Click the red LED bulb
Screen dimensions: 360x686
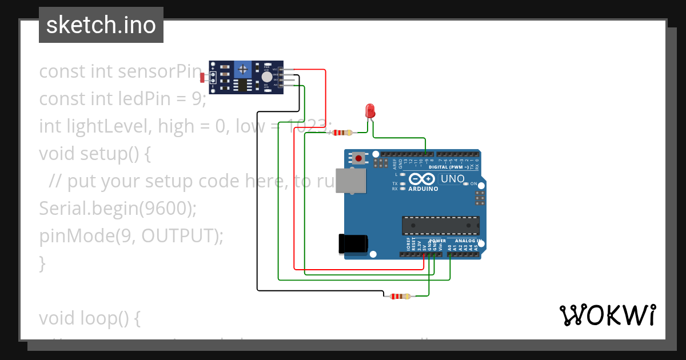370,110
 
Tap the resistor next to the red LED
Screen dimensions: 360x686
341,133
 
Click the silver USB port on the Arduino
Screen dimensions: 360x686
350,181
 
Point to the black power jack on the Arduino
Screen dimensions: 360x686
353,244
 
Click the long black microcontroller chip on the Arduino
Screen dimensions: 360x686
440,226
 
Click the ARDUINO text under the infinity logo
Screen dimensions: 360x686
423,189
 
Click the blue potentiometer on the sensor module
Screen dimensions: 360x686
244,70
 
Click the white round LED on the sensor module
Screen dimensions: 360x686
266,77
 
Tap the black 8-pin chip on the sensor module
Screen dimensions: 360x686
243,86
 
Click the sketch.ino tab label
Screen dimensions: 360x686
101,25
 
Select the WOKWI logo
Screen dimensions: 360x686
607,315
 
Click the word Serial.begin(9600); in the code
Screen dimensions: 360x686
118,209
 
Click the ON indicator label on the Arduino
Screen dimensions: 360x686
473,183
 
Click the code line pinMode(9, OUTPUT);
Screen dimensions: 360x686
131,235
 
